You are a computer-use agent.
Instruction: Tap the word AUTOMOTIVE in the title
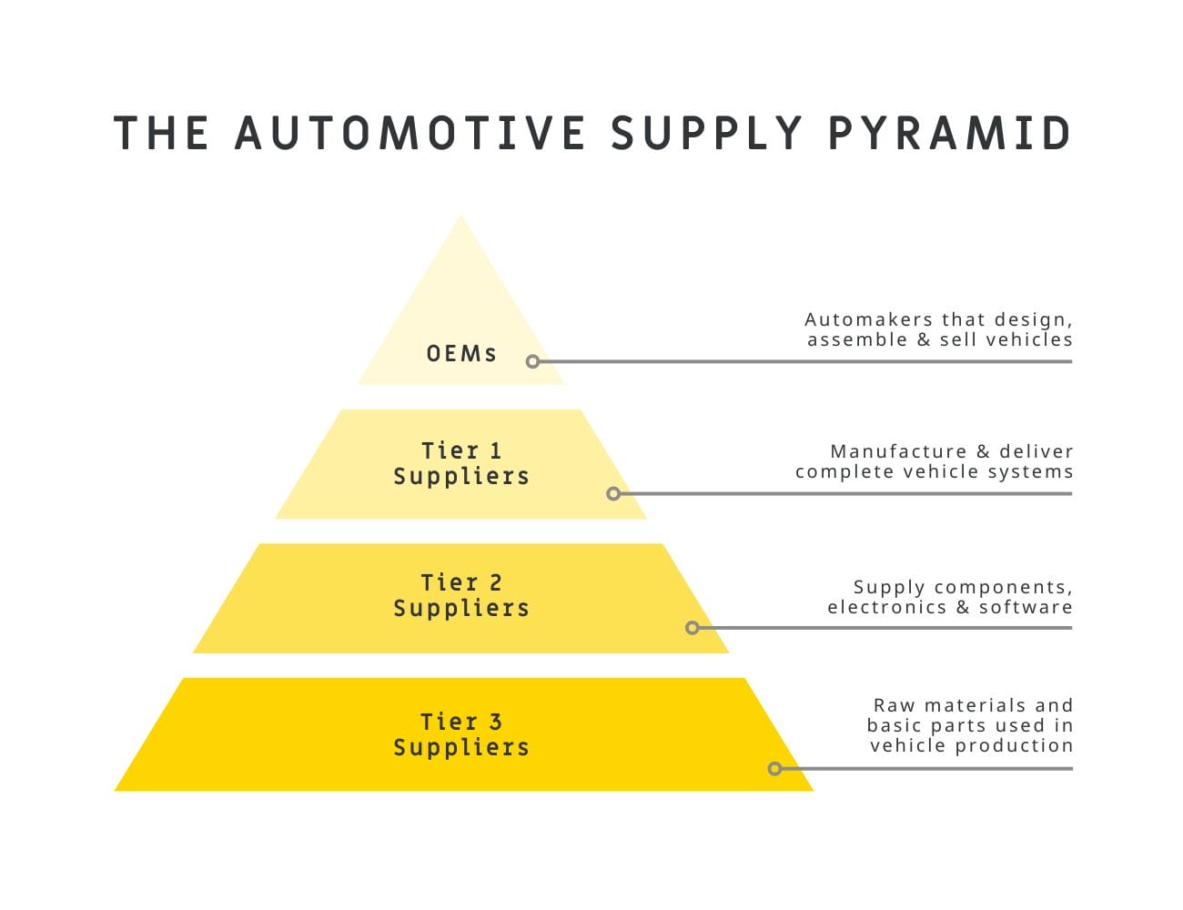(410, 133)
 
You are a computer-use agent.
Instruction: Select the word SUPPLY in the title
(707, 133)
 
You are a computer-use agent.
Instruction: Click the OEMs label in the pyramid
(461, 353)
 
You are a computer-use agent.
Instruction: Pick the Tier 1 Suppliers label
(461, 463)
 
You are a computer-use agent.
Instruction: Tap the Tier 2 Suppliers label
(461, 595)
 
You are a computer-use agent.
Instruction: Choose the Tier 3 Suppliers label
(461, 734)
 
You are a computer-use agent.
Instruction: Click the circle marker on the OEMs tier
(533, 361)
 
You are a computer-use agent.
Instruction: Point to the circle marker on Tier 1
(613, 493)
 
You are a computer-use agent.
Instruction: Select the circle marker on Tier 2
(693, 628)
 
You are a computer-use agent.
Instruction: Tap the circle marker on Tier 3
(774, 769)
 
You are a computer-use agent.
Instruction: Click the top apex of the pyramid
(461, 217)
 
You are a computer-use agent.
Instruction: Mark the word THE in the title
(161, 133)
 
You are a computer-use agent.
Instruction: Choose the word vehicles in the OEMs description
(1029, 339)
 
